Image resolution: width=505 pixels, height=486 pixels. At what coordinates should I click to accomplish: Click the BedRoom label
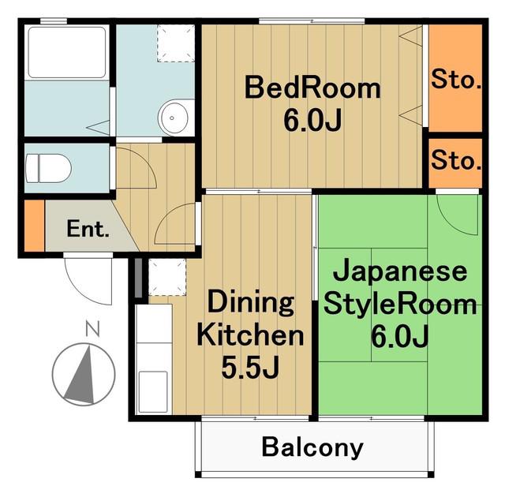pyautogui.click(x=312, y=88)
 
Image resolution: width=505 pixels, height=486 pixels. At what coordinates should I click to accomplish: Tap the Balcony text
pyautogui.click(x=312, y=447)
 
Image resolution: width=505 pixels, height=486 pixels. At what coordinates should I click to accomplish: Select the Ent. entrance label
pyautogui.click(x=88, y=229)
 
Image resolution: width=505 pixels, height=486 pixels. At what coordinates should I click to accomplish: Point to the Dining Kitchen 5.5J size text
pyautogui.click(x=250, y=368)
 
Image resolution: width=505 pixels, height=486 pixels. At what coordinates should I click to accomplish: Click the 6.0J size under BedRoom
pyautogui.click(x=312, y=120)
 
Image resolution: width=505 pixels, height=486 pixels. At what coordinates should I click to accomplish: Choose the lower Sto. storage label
pyautogui.click(x=456, y=159)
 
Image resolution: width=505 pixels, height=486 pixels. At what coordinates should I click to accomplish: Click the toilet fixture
pyautogui.click(x=48, y=168)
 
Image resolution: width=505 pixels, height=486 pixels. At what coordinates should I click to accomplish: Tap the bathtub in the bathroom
pyautogui.click(x=66, y=52)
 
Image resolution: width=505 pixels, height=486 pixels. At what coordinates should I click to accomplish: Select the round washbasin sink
pyautogui.click(x=173, y=118)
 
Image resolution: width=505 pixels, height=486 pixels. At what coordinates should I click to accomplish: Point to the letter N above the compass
pyautogui.click(x=93, y=328)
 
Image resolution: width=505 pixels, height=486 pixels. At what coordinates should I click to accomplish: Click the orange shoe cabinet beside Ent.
pyautogui.click(x=34, y=225)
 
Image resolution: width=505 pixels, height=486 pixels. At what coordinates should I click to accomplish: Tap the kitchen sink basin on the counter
pyautogui.click(x=153, y=392)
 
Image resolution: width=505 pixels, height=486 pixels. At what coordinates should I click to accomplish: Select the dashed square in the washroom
pyautogui.click(x=176, y=43)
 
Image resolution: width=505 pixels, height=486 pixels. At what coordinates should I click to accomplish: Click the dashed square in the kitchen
pyautogui.click(x=167, y=277)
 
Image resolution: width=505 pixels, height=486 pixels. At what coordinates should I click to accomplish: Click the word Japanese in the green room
pyautogui.click(x=400, y=272)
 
